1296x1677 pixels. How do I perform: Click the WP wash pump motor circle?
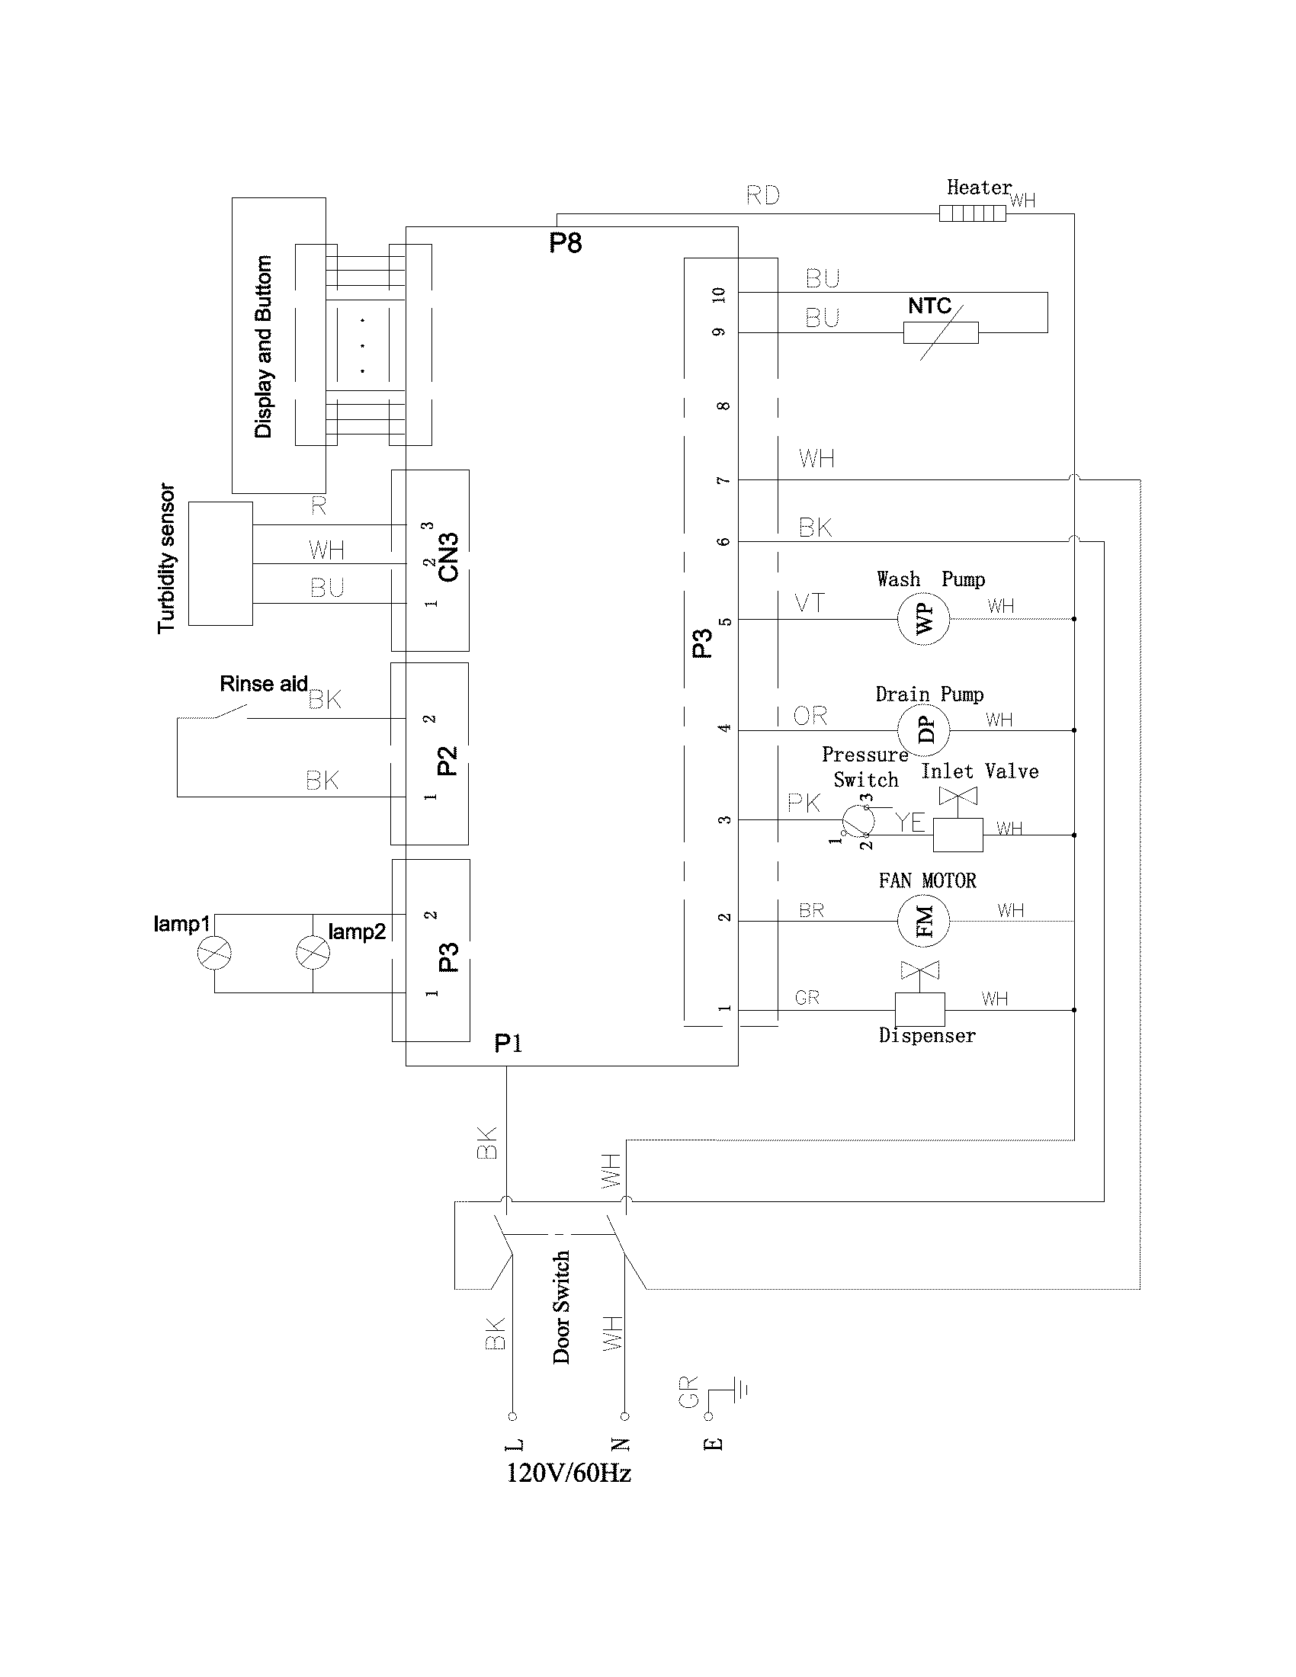[x=924, y=618]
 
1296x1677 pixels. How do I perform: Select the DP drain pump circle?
[x=924, y=729]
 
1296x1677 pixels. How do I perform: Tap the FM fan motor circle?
[x=924, y=921]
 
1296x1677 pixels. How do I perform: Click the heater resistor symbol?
[x=972, y=213]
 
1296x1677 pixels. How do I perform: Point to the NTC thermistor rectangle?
[x=941, y=332]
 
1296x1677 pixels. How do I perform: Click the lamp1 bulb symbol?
[x=214, y=953]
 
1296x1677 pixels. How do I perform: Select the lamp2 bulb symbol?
[x=313, y=953]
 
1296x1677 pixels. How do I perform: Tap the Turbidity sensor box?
[x=220, y=563]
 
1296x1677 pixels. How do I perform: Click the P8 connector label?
[x=565, y=243]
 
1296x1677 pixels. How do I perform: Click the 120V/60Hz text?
[x=569, y=1473]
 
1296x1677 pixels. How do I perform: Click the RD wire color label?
[x=762, y=195]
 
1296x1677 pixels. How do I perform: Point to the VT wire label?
[x=809, y=603]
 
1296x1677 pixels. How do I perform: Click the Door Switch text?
[x=561, y=1307]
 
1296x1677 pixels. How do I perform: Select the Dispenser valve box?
[x=920, y=1009]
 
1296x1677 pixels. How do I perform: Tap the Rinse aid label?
[x=263, y=684]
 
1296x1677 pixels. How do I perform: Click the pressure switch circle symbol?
[x=857, y=820]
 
